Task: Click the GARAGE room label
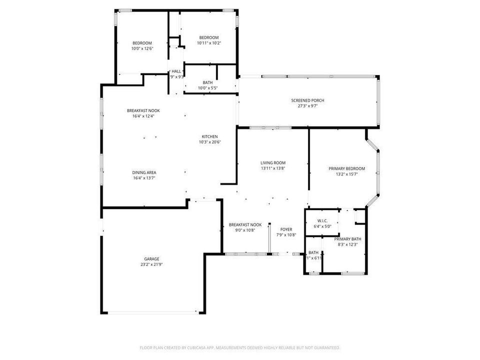click(x=152, y=259)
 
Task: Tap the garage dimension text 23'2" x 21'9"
click(x=152, y=264)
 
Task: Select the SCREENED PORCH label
click(x=307, y=100)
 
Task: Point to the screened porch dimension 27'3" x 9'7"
click(x=307, y=106)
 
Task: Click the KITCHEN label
click(x=209, y=136)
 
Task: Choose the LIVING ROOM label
click(x=273, y=163)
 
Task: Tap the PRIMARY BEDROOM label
click(x=346, y=168)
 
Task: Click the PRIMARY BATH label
click(x=349, y=239)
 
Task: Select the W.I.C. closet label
click(x=322, y=220)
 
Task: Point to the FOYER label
click(x=286, y=229)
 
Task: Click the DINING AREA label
click(x=144, y=172)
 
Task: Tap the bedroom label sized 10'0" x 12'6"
click(x=142, y=43)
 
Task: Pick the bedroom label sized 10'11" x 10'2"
click(x=209, y=38)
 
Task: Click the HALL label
click(x=176, y=71)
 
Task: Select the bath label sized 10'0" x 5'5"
click(x=207, y=82)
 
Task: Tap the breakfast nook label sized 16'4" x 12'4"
click(x=143, y=110)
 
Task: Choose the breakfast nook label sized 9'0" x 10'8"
click(x=245, y=225)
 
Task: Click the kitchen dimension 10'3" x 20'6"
click(x=209, y=142)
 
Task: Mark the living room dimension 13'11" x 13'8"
click(x=273, y=168)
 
